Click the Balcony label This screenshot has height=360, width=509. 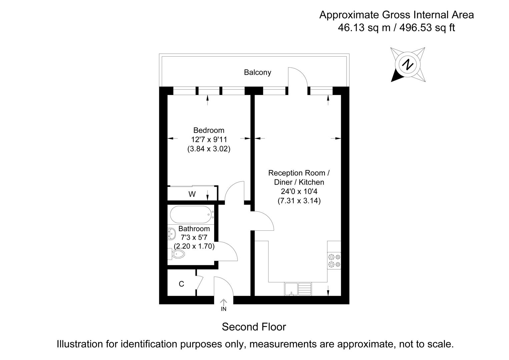(x=257, y=72)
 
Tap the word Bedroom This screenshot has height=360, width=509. (x=209, y=130)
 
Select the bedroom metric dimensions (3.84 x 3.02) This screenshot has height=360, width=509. (x=209, y=149)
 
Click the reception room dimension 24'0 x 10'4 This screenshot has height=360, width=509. (x=299, y=192)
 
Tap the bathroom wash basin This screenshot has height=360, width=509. (x=171, y=234)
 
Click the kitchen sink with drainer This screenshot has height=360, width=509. (x=298, y=289)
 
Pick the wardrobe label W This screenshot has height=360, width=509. (x=192, y=194)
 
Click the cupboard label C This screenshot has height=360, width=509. (x=181, y=284)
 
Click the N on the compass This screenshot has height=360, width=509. (x=408, y=64)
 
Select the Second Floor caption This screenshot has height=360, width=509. (x=254, y=327)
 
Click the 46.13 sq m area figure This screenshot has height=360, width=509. (x=364, y=28)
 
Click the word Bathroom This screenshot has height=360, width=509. (x=194, y=229)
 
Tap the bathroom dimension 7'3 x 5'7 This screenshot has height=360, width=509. (x=194, y=238)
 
